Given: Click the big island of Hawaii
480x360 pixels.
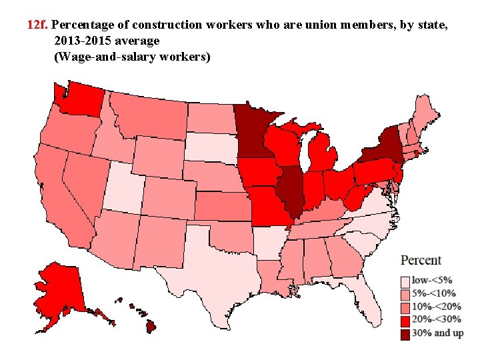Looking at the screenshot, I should tap(152, 325).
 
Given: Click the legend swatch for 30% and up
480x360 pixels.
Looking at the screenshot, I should tap(405, 333).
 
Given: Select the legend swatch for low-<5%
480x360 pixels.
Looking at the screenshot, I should tap(405, 281).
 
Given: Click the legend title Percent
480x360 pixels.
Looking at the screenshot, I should tap(421, 260).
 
